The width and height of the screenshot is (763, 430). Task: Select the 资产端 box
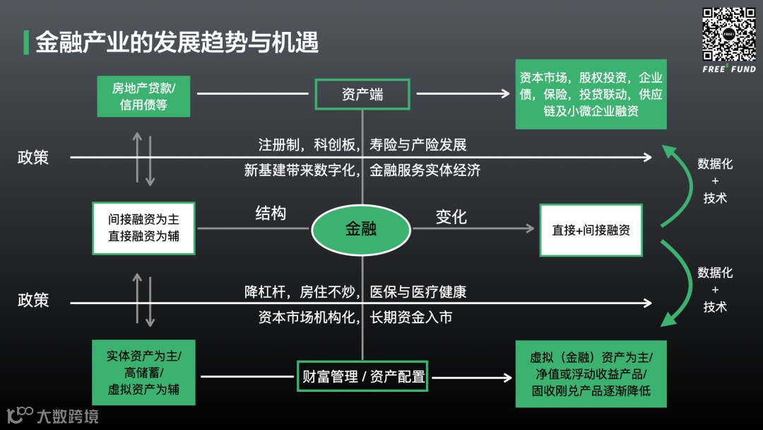coord(362,94)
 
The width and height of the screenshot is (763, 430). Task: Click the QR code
coord(729,34)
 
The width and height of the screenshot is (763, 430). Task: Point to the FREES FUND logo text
coord(729,69)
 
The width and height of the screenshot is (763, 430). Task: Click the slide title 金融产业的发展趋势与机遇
coord(177,42)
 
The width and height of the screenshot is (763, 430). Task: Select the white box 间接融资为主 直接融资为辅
coord(143,228)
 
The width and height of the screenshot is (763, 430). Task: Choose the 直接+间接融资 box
coord(591,230)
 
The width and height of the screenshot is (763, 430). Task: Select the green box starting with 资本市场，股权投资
coord(591,94)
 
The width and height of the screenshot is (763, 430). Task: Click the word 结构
coord(271,214)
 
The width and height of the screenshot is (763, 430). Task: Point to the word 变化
coord(451,216)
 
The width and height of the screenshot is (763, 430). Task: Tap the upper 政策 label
coord(33,157)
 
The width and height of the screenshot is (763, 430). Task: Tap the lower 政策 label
coord(33,300)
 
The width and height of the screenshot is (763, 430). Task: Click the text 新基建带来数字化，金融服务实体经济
coord(362,170)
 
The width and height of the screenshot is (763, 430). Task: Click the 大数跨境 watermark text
coord(67,416)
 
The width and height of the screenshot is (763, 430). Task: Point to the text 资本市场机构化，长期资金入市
coord(355,318)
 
